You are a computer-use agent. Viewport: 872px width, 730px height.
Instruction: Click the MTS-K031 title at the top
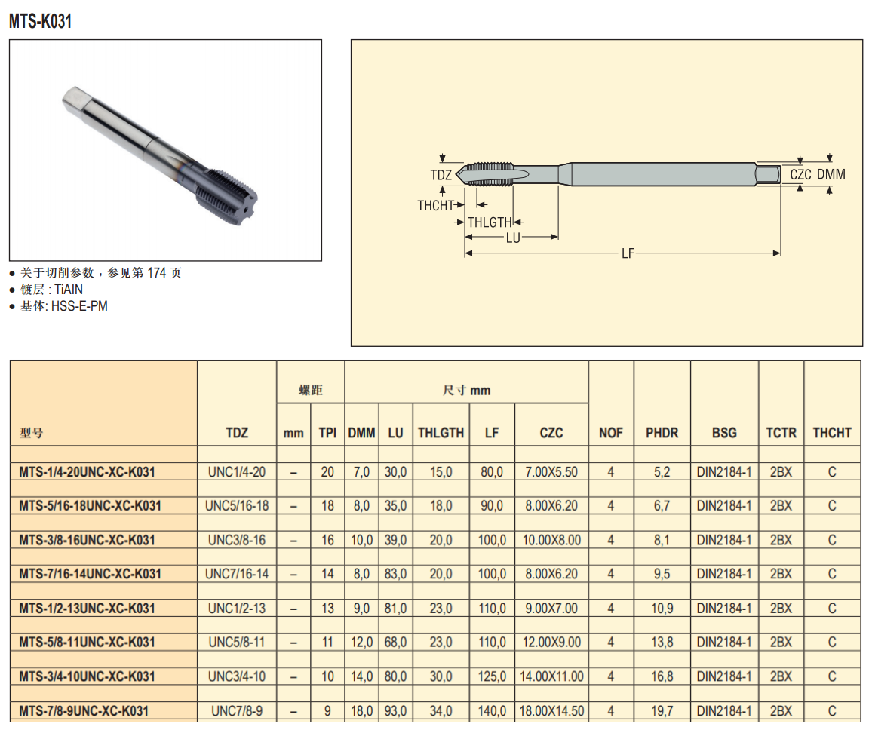(41, 21)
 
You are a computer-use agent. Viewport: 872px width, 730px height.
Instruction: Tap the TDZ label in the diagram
(441, 175)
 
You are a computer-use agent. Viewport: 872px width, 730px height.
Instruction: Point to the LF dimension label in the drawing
(628, 253)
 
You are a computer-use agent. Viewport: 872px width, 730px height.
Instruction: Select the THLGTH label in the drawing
(490, 222)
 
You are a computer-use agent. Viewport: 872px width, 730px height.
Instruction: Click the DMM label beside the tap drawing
(831, 174)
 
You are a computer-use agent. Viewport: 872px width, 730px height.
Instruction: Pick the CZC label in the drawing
(800, 174)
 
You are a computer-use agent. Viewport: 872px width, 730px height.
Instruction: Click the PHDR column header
(662, 433)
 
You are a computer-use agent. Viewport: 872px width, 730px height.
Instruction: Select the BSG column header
(724, 433)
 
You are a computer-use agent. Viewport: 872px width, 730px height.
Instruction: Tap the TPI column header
(327, 433)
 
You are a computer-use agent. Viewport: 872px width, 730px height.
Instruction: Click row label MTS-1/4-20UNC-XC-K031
(87, 472)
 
